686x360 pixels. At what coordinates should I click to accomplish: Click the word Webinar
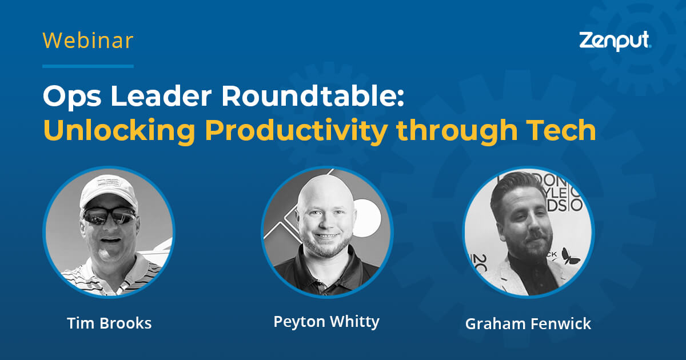pos(87,41)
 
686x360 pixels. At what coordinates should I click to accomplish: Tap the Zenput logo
pos(615,41)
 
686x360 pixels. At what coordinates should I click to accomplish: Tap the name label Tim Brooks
pos(109,323)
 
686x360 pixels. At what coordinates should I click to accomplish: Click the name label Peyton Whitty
pos(326,321)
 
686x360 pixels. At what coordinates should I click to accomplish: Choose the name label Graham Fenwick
pos(528,323)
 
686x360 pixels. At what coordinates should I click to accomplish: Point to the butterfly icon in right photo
pos(570,255)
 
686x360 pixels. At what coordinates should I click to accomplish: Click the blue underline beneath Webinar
pos(87,66)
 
